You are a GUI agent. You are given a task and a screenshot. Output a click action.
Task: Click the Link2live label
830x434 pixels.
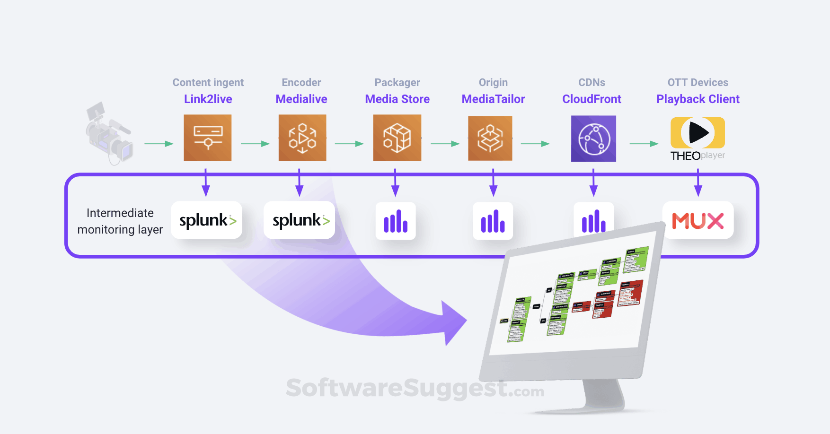[208, 99]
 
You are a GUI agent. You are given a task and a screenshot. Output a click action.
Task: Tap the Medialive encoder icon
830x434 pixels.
[302, 138]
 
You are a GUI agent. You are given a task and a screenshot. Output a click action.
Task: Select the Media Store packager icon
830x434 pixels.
[397, 138]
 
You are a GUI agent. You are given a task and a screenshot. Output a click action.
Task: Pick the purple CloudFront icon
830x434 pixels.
[593, 139]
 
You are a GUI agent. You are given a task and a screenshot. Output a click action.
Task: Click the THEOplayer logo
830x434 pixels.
[698, 139]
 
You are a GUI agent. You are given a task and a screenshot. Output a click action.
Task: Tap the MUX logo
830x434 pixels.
[698, 221]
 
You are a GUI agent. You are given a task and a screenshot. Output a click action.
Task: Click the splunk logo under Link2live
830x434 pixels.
[207, 220]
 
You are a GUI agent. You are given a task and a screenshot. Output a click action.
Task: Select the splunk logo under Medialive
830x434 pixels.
[300, 220]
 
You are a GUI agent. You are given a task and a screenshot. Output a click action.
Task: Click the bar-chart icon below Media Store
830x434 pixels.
[396, 221]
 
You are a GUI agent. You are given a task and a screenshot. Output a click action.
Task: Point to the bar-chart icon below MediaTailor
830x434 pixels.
[493, 221]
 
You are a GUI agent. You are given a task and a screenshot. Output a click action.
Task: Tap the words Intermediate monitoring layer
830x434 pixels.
[120, 221]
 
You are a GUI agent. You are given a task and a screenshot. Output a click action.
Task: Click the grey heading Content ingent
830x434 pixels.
[208, 83]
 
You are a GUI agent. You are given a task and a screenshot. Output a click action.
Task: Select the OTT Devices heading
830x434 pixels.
[698, 83]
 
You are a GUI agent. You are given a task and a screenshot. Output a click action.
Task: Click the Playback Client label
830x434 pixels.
[698, 99]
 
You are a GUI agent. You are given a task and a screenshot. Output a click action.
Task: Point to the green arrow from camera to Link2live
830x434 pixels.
[159, 143]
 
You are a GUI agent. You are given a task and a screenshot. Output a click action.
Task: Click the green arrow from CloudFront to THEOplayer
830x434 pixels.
[644, 143]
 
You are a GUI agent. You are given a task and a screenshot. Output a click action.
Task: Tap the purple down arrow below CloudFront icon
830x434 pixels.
[593, 183]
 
